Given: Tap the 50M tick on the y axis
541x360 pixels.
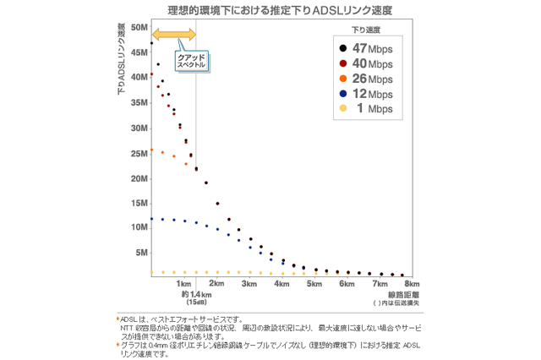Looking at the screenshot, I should point(138,27).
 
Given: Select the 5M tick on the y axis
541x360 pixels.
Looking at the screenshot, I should point(140,252).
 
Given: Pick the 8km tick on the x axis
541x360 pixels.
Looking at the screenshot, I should point(412,284).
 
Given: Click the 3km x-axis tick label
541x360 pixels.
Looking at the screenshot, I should point(249,284).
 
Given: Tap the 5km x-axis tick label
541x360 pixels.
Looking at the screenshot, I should point(314,284).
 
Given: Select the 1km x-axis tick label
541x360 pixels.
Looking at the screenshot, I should point(183,284).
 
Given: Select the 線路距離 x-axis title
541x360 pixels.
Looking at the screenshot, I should point(396,294).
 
